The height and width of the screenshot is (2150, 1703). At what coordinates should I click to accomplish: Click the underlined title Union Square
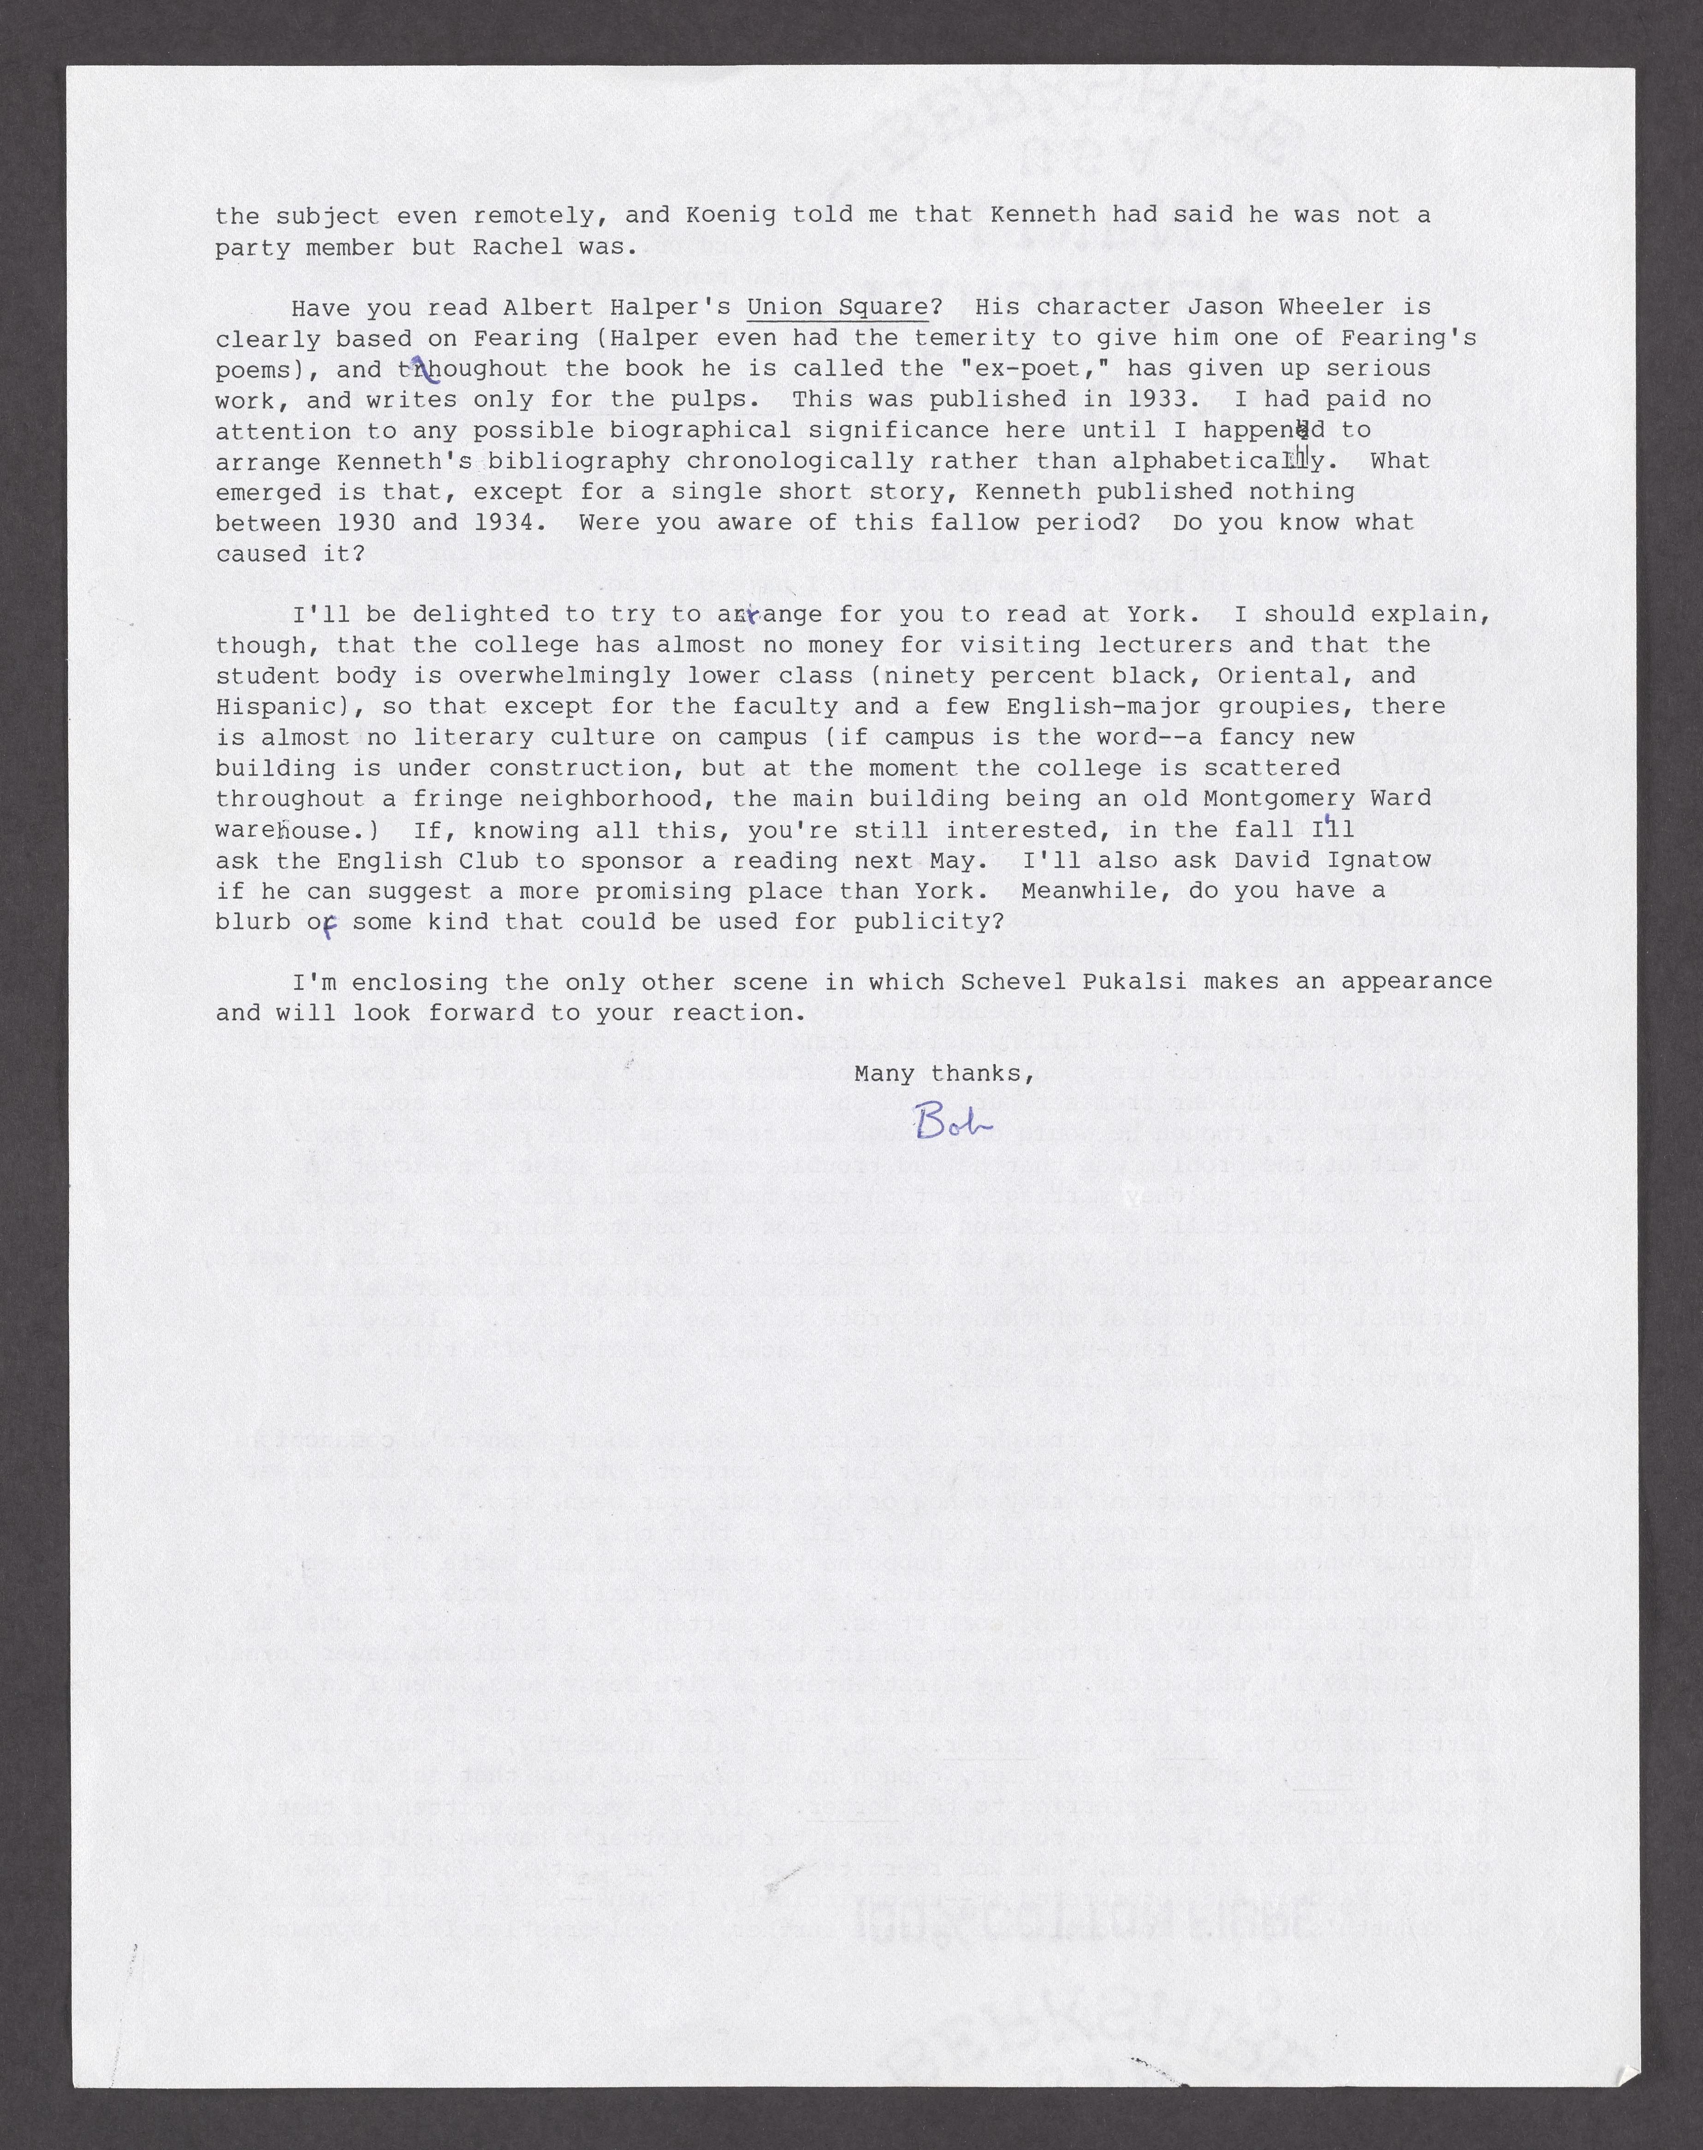pyautogui.click(x=837, y=307)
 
